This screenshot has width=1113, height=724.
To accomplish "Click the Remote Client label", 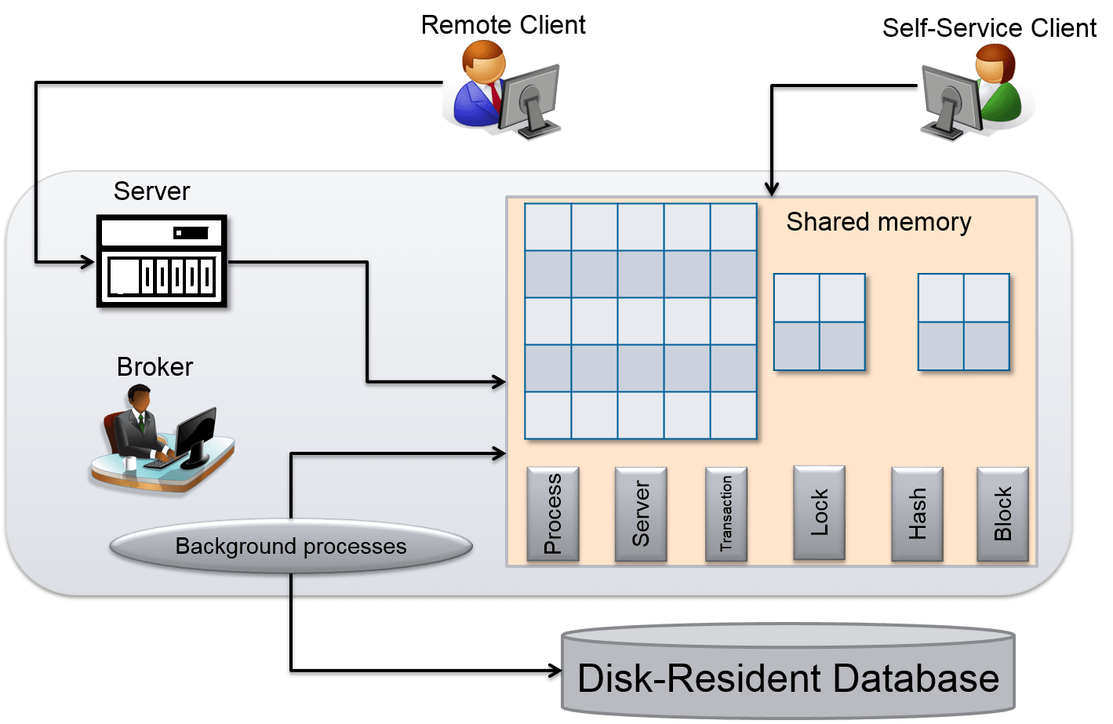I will (503, 25).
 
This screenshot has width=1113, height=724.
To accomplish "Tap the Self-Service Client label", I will (989, 28).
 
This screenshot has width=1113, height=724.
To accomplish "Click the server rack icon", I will (162, 261).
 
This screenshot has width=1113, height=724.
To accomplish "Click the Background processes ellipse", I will (291, 546).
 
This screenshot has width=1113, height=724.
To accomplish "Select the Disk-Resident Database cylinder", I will (787, 675).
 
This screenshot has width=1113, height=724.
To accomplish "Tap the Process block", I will (553, 514).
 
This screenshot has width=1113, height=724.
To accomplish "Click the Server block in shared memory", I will (641, 514).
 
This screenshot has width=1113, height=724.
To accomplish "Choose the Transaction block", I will (726, 514).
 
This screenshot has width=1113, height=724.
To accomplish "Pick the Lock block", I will (819, 512).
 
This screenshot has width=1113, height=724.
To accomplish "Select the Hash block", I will (917, 514).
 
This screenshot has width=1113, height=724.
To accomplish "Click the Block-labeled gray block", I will (1002, 514).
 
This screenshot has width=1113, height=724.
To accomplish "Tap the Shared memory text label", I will (878, 222).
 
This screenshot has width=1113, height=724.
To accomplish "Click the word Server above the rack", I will (151, 191).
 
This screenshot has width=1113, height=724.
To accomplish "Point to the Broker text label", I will (155, 367).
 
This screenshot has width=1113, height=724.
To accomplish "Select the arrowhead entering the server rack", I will (87, 261).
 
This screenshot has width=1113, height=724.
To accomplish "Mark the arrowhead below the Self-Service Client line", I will (772, 188).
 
